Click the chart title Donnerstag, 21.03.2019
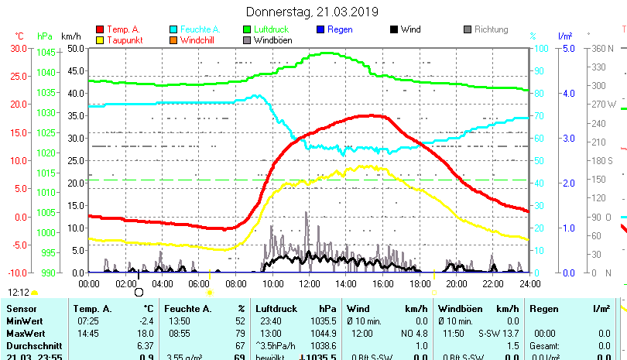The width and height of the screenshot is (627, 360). point(312,12)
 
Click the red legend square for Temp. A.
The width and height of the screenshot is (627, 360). point(100,30)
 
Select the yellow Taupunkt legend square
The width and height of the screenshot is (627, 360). point(100,40)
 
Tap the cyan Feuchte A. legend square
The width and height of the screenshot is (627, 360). point(173,30)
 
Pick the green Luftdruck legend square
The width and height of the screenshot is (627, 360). point(247,30)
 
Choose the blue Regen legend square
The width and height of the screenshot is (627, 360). point(320,30)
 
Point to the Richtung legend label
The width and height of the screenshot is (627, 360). point(491,30)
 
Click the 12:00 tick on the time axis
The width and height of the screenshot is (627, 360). point(309,284)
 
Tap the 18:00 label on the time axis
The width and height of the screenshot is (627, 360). point(419,284)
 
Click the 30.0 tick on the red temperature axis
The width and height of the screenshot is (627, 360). point(18,48)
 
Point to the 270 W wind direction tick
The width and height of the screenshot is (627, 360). point(604,104)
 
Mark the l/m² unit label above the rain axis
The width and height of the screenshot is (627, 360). point(564,36)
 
